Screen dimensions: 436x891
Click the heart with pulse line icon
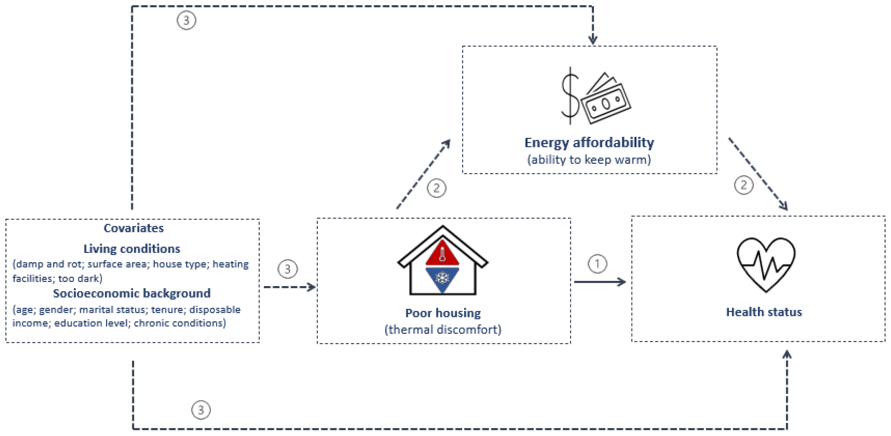click(x=766, y=264)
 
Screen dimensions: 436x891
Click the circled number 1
click(x=597, y=264)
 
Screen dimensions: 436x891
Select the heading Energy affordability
click(x=589, y=143)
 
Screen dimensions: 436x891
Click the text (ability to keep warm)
click(x=589, y=159)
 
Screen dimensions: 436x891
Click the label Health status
click(x=764, y=312)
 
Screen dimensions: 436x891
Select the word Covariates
click(x=134, y=228)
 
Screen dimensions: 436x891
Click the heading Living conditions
click(x=132, y=249)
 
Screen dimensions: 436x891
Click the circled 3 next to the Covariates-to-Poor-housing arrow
click(x=287, y=269)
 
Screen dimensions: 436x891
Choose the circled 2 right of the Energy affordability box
click(x=744, y=185)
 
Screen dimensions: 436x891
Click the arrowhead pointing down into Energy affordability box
click(x=593, y=40)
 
